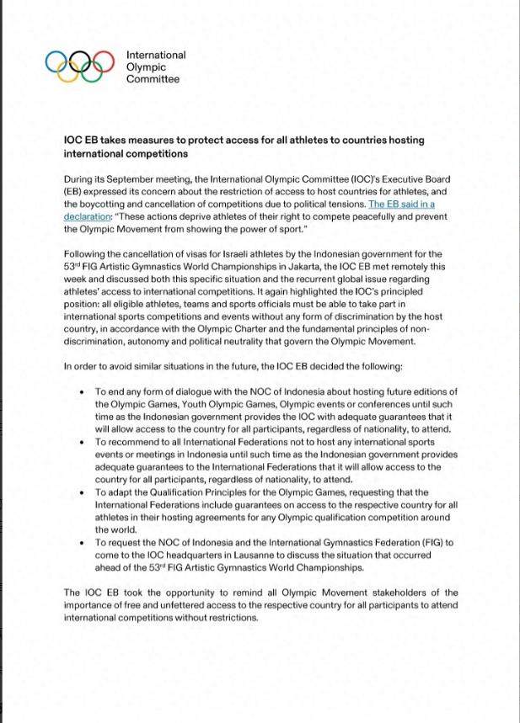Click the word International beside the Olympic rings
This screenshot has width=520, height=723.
pos(156,55)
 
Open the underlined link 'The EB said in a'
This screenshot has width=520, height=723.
pos(401,205)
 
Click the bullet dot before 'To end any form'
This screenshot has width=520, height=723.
pos(82,392)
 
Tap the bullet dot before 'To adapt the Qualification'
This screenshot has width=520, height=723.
pos(82,492)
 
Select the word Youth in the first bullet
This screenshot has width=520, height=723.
pos(192,404)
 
